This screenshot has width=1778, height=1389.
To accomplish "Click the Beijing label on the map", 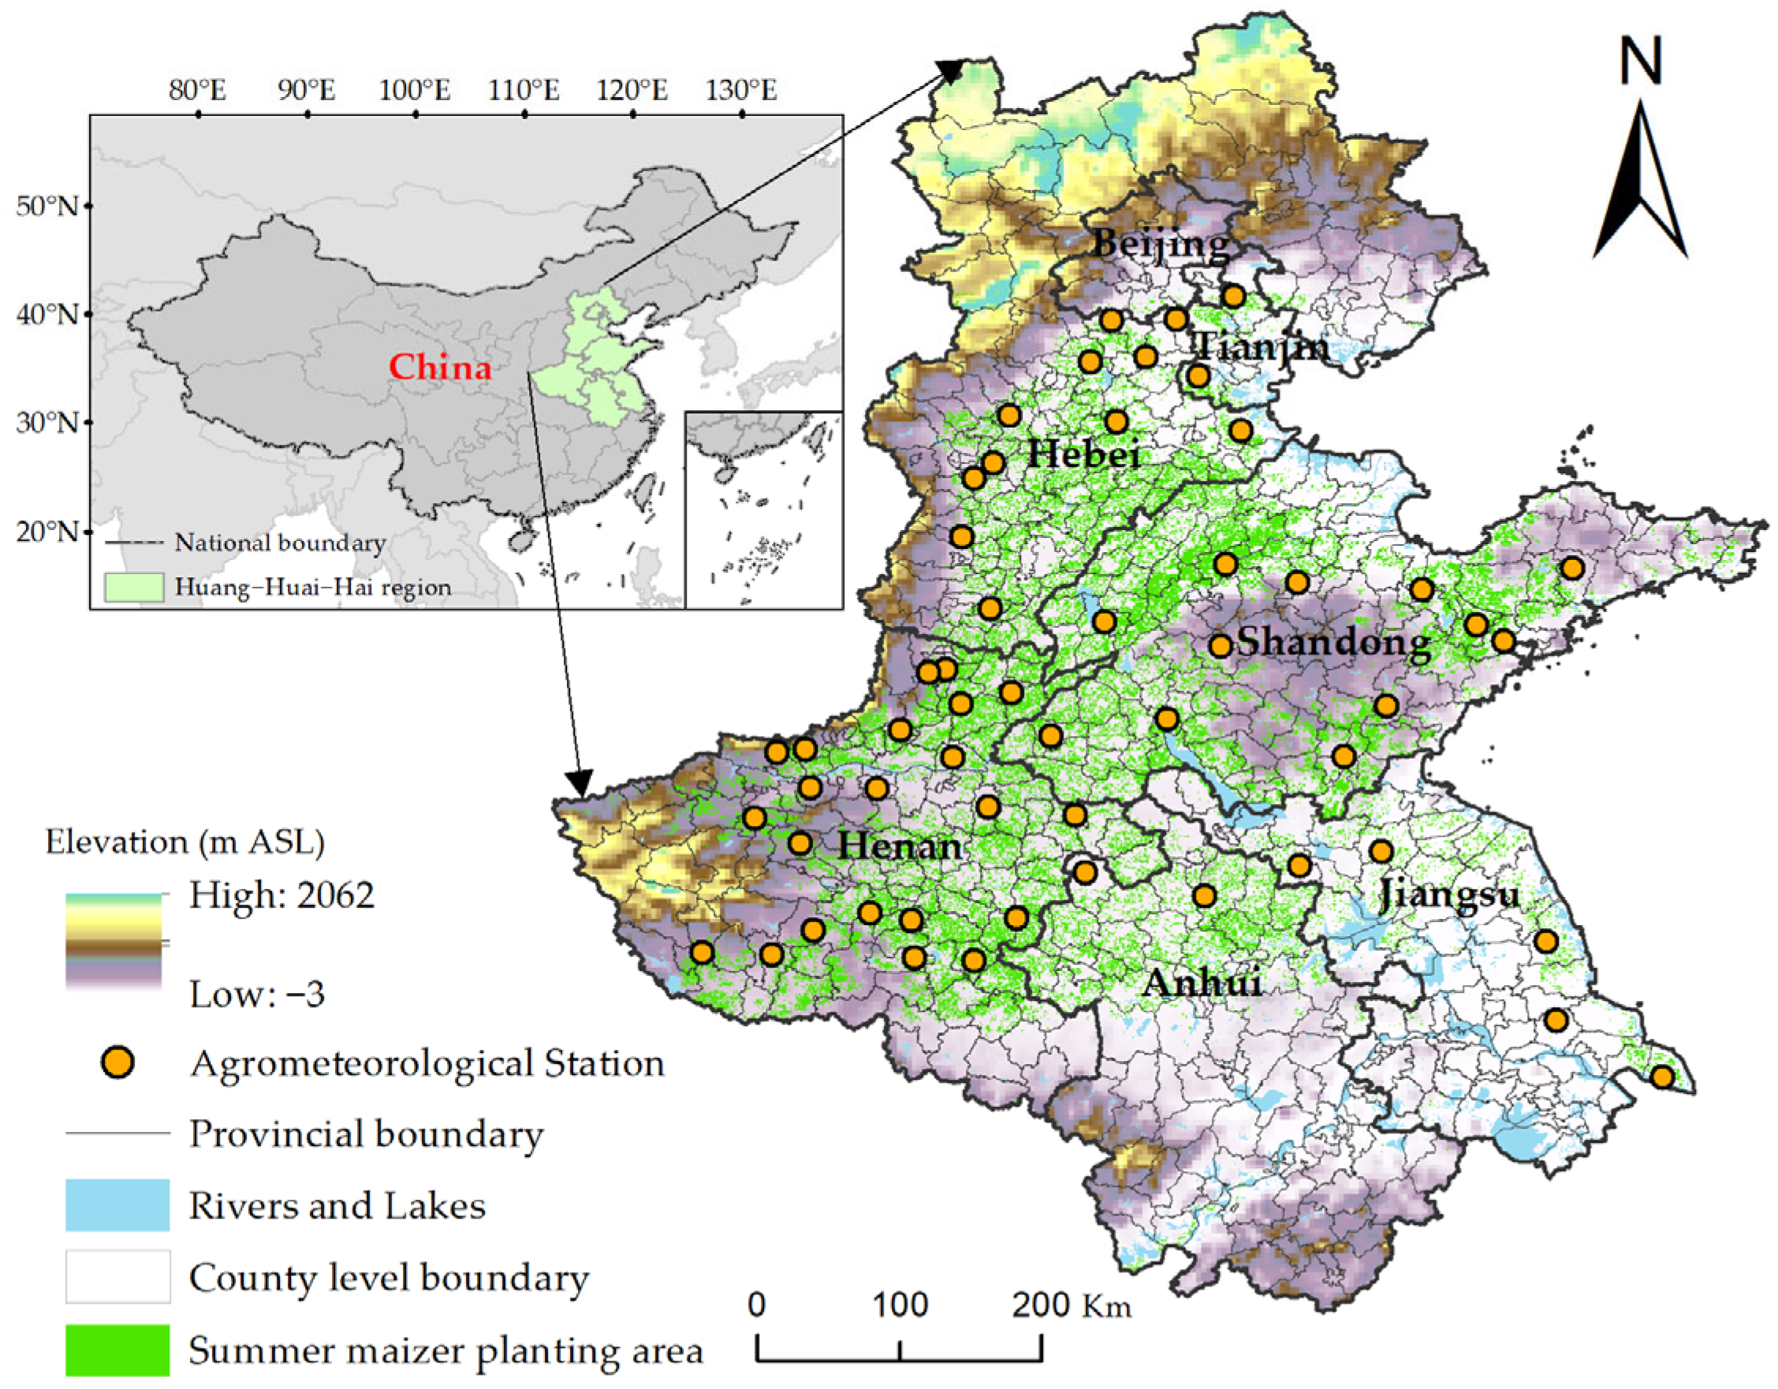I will [x=1161, y=243].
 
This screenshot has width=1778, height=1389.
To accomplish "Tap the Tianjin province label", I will [x=1262, y=347].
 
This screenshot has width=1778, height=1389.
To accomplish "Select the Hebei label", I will [x=1083, y=453].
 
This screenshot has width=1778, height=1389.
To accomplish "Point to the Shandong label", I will [x=1333, y=642].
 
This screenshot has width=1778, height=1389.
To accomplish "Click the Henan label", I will [x=900, y=846].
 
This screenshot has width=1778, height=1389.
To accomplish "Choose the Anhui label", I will [x=1202, y=983].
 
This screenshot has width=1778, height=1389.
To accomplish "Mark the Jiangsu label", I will [x=1449, y=894].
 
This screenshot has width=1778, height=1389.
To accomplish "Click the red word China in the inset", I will [x=440, y=368].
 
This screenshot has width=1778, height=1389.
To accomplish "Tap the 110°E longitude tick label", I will [x=524, y=90].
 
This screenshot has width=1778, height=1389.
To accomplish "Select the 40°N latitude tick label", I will [x=47, y=314].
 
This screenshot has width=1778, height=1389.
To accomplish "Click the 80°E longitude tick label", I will [x=198, y=90].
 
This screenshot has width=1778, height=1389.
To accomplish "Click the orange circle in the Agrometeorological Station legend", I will [x=118, y=1062].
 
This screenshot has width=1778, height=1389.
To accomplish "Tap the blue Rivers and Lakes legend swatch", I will [x=117, y=1204].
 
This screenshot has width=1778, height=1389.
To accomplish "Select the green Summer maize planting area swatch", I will [x=117, y=1349].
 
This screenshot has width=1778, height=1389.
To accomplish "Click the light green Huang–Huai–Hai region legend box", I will [x=133, y=587].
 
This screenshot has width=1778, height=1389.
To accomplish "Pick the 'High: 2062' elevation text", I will [x=281, y=895].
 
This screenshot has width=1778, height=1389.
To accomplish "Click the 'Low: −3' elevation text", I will [x=256, y=994].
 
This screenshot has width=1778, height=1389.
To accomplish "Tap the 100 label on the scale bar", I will [x=900, y=1305].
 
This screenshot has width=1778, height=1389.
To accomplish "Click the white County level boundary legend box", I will [x=117, y=1277].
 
